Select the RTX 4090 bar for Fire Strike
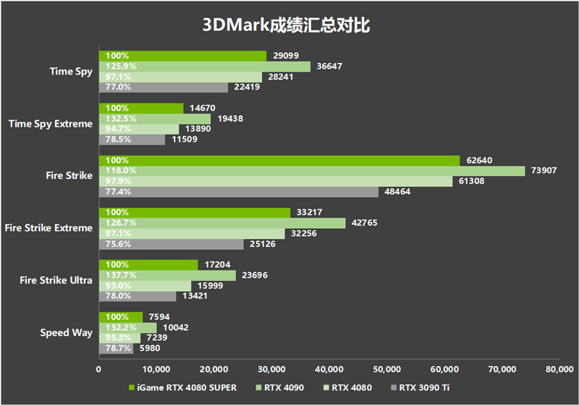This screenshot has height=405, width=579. [x=311, y=171]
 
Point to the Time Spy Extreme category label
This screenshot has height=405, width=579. [x=50, y=124]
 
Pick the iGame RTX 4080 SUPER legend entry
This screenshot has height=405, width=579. [x=185, y=388]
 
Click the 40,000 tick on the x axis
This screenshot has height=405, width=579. [x=329, y=369]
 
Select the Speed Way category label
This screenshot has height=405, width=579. [x=66, y=333]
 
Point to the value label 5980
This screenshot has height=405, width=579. [x=150, y=348]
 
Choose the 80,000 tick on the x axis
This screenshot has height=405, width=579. [x=559, y=369]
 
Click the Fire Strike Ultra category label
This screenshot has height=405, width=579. [x=56, y=280]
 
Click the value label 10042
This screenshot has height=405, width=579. [x=177, y=327]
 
